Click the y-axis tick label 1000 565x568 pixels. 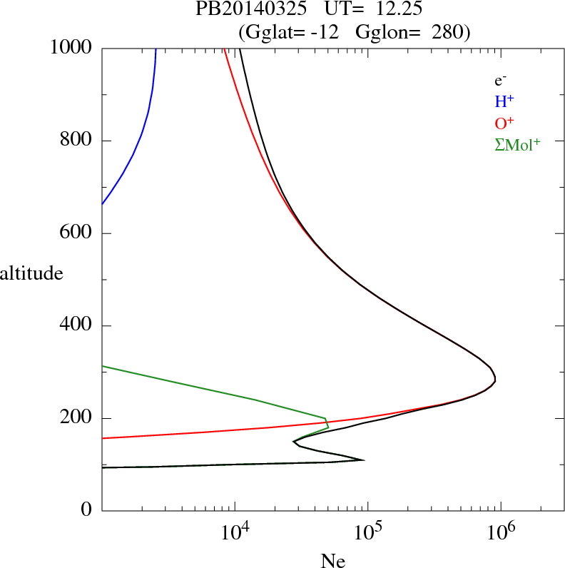(72, 48)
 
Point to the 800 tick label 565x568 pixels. (77, 141)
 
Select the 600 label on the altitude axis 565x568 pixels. (77, 233)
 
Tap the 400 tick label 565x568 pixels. (77, 326)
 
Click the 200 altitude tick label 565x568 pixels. (77, 418)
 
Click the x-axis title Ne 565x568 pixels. (333, 561)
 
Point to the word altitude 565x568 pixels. (31, 273)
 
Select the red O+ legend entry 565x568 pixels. (504, 123)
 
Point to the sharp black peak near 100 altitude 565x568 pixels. (364, 460)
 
